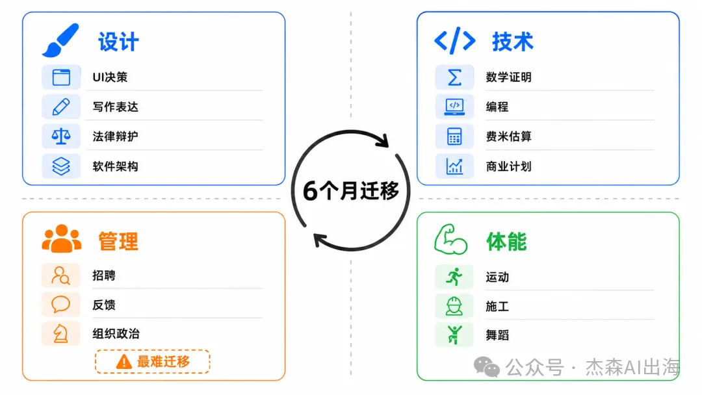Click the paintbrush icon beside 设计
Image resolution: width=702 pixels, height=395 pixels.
point(60,40)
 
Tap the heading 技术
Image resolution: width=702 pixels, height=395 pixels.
point(513,42)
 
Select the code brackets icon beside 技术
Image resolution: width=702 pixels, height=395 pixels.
point(455,41)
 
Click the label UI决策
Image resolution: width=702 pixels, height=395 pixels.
point(110,77)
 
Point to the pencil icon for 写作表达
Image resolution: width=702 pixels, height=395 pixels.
point(61,107)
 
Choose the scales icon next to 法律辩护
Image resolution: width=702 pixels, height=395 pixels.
point(61,136)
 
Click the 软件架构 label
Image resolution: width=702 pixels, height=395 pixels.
point(116,166)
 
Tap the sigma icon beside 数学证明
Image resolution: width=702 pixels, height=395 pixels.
point(454,77)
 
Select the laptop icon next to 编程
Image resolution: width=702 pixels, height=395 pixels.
point(454,107)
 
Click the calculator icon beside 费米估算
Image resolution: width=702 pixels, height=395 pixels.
point(454,136)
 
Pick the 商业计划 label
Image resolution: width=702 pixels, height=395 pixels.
point(508,166)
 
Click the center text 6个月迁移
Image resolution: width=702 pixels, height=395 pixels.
point(351,191)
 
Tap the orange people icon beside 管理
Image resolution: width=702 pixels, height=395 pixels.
point(62,238)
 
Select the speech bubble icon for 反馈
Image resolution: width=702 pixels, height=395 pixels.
point(61,304)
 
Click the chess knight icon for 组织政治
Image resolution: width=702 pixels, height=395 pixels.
point(61,334)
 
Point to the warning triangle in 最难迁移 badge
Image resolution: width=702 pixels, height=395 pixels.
point(124,361)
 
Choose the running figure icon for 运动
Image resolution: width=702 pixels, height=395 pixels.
point(454,277)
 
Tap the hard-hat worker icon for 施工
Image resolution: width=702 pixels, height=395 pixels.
point(454,307)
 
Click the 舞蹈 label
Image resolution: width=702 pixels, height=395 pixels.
point(497,335)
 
